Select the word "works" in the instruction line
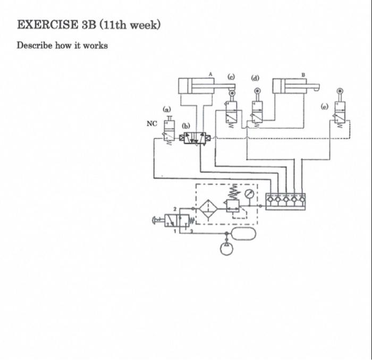click(x=96, y=45)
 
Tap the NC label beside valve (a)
click(x=152, y=123)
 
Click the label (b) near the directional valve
click(x=185, y=126)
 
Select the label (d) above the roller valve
click(x=256, y=78)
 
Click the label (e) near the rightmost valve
click(x=324, y=106)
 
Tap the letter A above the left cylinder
click(x=210, y=74)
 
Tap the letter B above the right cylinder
click(x=303, y=74)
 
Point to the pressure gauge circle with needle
click(x=248, y=195)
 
